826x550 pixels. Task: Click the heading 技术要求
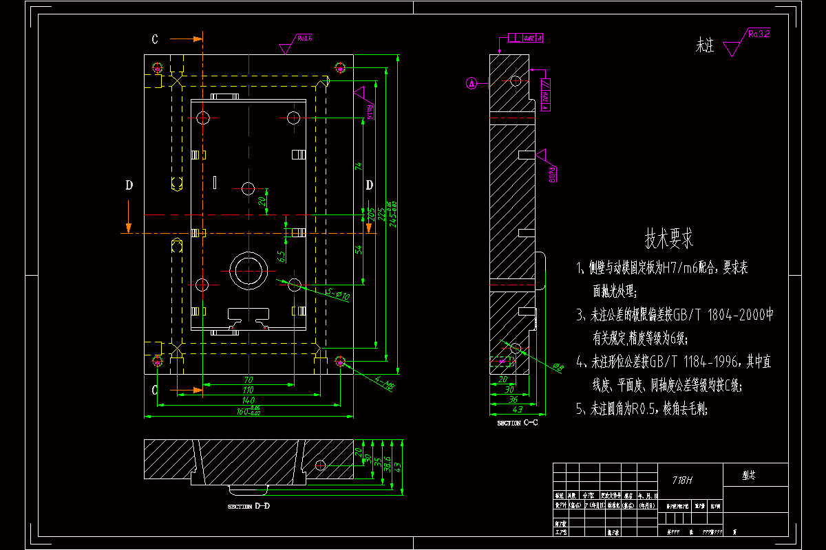(668, 239)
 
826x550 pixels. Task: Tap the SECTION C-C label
(518, 423)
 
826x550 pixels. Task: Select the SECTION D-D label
(248, 507)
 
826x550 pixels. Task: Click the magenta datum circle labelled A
(472, 83)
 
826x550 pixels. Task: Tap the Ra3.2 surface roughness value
(759, 32)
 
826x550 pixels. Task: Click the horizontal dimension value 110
(248, 390)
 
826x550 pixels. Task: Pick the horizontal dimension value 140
(248, 400)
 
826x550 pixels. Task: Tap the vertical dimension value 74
(358, 166)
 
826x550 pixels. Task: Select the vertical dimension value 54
(358, 249)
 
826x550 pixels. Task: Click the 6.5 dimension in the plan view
(281, 256)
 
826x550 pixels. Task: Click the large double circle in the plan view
(248, 271)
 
